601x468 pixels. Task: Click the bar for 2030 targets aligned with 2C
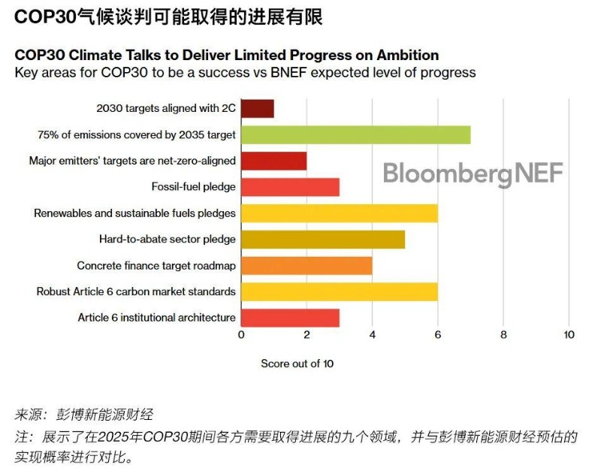pyautogui.click(x=257, y=108)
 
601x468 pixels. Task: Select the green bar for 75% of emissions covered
pyautogui.click(x=355, y=134)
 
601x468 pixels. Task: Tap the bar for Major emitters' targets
pyautogui.click(x=273, y=160)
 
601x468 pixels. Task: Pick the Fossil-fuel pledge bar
pyautogui.click(x=290, y=186)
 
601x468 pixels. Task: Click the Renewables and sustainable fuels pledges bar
pyautogui.click(x=339, y=213)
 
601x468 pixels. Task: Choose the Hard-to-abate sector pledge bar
pyautogui.click(x=322, y=239)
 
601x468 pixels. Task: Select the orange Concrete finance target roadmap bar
pyautogui.click(x=306, y=265)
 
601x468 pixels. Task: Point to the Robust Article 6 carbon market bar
pyautogui.click(x=339, y=291)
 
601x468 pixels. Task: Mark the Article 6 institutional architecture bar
pyautogui.click(x=290, y=317)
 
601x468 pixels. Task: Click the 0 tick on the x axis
pyautogui.click(x=241, y=335)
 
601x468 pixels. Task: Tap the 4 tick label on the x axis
pyautogui.click(x=373, y=335)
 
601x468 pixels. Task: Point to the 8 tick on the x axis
pyautogui.click(x=503, y=335)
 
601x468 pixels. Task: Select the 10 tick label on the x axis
pyautogui.click(x=569, y=335)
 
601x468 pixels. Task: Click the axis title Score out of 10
pyautogui.click(x=297, y=364)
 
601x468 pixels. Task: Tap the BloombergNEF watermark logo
pyautogui.click(x=473, y=174)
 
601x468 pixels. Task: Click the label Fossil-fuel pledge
pyautogui.click(x=194, y=186)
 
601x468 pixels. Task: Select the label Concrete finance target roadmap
pyautogui.click(x=156, y=265)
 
